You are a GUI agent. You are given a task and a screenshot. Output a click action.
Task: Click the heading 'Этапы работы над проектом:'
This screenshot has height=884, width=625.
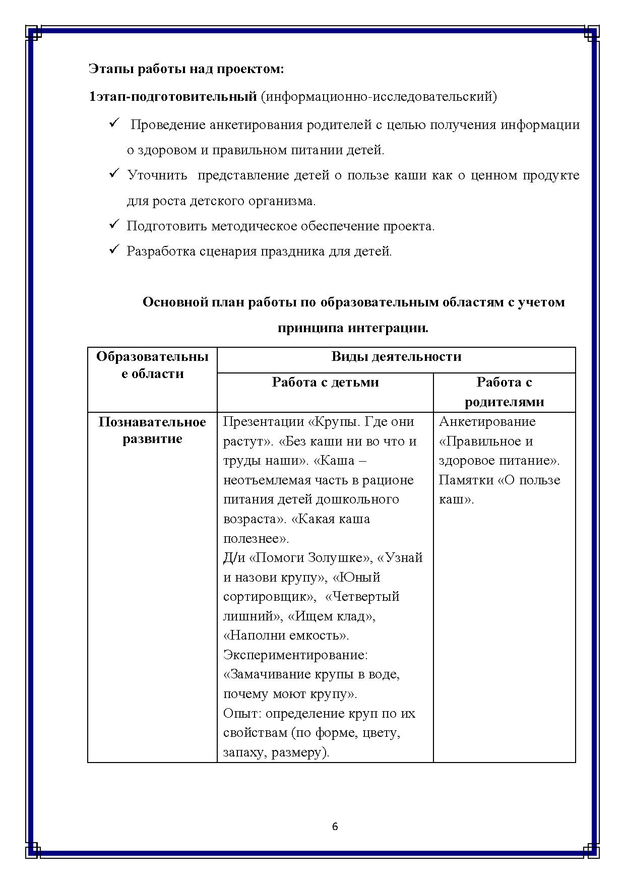[186, 69]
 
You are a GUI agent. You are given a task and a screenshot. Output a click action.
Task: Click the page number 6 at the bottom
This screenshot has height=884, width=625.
[335, 827]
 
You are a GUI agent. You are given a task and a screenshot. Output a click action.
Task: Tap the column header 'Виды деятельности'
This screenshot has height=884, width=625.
[396, 357]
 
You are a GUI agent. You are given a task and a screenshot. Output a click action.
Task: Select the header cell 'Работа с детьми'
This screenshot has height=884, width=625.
[325, 383]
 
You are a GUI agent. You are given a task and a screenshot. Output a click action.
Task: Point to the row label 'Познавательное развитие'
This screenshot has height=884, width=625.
[152, 430]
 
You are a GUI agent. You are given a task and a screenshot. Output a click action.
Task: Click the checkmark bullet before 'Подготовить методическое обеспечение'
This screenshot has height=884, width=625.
[113, 224]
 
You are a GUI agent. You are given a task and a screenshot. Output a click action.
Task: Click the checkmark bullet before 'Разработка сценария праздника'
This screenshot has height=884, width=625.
[113, 249]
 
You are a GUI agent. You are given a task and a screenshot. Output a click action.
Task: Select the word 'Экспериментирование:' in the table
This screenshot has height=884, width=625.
[295, 655]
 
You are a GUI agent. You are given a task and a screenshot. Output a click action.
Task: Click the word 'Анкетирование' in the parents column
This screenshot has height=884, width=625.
[487, 422]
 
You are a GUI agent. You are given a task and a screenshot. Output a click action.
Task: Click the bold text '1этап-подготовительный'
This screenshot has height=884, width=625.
[173, 96]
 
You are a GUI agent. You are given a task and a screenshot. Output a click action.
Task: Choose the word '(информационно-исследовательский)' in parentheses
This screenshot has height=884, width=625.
[379, 96]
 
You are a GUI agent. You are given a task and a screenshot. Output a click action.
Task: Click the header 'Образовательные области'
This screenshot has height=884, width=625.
[152, 365]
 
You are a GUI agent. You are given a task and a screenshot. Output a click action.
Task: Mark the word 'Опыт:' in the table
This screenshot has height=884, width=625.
[242, 714]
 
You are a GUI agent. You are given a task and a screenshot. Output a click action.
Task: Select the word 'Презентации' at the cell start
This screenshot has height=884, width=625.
[262, 422]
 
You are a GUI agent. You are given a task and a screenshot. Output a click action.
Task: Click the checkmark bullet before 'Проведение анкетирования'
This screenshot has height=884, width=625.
[113, 123]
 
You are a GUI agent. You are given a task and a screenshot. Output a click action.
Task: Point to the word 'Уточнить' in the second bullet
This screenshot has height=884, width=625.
[157, 175]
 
